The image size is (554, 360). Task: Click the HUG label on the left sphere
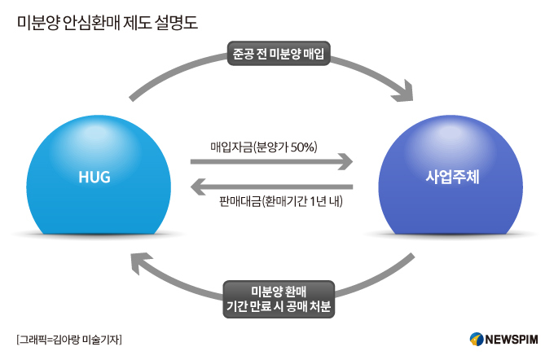94,177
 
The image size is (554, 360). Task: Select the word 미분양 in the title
37,20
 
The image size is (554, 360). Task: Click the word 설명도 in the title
177,20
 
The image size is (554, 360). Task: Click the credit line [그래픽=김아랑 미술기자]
68,339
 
